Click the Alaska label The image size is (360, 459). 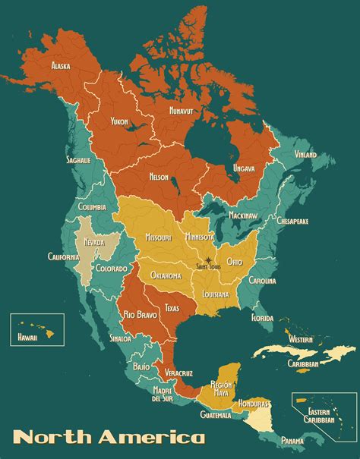pos(61,66)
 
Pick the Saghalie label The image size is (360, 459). pos(77,160)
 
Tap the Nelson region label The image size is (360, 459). pos(159,177)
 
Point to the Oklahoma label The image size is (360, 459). pos(166,275)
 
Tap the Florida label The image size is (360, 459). pos(262,318)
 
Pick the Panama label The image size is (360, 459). pos(294,440)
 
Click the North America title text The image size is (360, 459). pos(109,437)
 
